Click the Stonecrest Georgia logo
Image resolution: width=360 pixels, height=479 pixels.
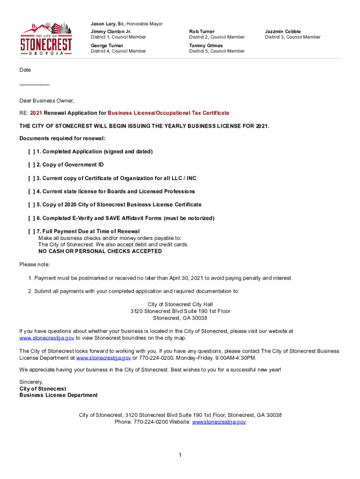coord(46,39)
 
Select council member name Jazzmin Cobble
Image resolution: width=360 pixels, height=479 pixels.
coord(283,31)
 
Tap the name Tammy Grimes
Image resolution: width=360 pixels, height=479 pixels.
coord(206,45)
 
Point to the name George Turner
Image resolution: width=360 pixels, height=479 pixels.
coord(107,45)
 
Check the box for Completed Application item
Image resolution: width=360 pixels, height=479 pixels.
coord(31,152)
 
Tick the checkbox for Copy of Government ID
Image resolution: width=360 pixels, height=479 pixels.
coord(31,165)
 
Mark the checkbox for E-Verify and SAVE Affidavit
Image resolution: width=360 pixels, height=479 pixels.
coord(31,218)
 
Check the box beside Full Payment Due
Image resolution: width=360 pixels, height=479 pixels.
coord(31,232)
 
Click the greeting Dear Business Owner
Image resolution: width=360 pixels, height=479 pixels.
coord(47,101)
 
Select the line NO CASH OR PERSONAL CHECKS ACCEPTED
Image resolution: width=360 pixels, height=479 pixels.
coord(100,251)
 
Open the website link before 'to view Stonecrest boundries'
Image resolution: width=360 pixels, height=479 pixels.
coord(47,338)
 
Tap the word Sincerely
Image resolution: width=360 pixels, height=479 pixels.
coord(31,382)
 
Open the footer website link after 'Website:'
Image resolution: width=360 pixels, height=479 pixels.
coord(219,422)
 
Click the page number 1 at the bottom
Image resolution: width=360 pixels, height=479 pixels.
coord(180,455)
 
